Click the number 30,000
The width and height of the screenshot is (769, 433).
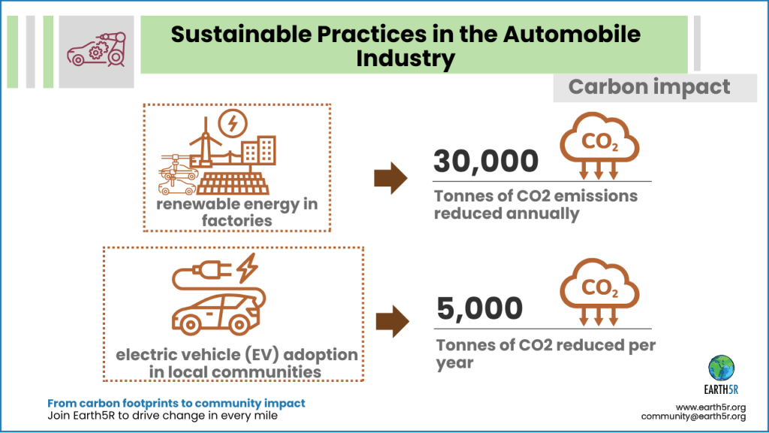click(486, 162)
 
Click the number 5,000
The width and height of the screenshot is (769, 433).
click(479, 308)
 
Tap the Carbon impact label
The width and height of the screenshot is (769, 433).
click(649, 87)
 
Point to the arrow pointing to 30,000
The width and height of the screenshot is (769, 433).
click(390, 178)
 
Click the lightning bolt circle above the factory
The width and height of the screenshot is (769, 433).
click(231, 123)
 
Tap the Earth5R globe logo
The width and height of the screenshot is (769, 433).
click(722, 368)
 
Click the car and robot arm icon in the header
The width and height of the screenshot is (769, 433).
click(95, 46)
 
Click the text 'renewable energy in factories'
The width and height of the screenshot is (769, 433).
click(237, 212)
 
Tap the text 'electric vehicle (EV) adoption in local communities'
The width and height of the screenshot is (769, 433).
click(235, 362)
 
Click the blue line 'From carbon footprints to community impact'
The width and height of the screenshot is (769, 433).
click(176, 404)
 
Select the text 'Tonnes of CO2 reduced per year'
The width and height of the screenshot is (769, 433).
click(545, 353)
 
